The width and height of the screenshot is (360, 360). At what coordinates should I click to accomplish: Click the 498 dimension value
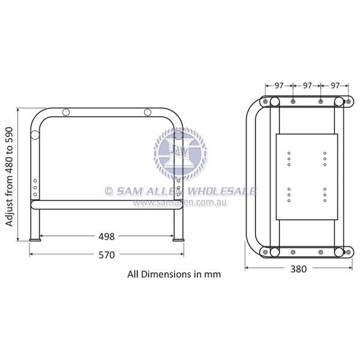pyautogui.click(x=106, y=236)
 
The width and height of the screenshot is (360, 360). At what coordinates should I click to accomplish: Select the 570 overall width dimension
pyautogui.click(x=106, y=254)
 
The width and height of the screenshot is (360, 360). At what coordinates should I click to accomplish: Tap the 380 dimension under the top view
pyautogui.click(x=298, y=269)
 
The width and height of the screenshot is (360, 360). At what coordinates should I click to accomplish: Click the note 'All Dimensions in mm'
pyautogui.click(x=174, y=274)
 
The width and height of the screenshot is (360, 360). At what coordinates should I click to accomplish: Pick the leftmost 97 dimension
pyautogui.click(x=279, y=86)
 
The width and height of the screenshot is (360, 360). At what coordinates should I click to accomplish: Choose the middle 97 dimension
pyautogui.click(x=307, y=86)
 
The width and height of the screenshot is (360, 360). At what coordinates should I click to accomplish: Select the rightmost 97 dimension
pyautogui.click(x=335, y=86)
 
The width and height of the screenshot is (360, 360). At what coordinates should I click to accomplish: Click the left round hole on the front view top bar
pyautogui.click(x=67, y=113)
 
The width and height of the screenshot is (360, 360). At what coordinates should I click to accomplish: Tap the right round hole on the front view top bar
pyautogui.click(x=148, y=113)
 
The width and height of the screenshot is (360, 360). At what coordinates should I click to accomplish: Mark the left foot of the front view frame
pyautogui.click(x=36, y=239)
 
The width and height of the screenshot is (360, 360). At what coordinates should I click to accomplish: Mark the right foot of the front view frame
pyautogui.click(x=178, y=239)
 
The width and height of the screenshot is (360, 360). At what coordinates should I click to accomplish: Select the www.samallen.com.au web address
pyautogui.click(x=179, y=203)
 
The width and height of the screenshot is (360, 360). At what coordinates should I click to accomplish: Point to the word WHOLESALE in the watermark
pyautogui.click(x=222, y=191)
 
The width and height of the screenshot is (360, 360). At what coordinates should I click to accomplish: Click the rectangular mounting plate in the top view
pyautogui.click(x=307, y=176)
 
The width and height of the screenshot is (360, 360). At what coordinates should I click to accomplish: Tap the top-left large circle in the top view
pyautogui.click(x=265, y=101)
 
